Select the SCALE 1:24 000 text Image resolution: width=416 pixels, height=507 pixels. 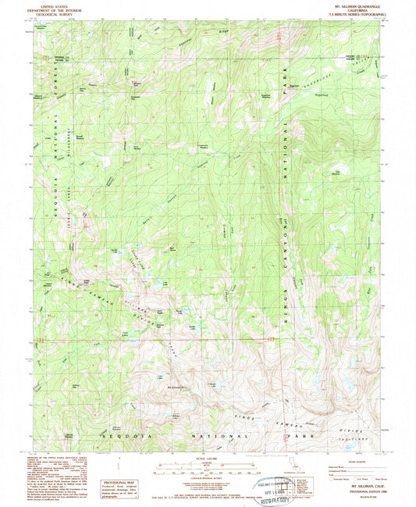tap(205, 457)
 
